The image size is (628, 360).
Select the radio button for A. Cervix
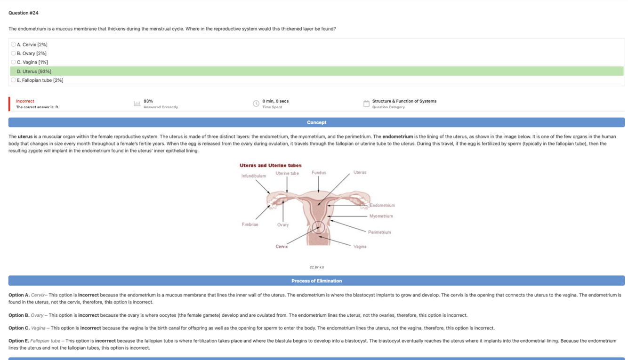pyautogui.click(x=13, y=45)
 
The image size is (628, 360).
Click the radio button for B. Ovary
pyautogui.click(x=13, y=53)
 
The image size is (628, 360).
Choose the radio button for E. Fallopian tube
pyautogui.click(x=13, y=80)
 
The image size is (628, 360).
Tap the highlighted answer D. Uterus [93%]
pyautogui.click(x=34, y=72)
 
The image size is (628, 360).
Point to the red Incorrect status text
pyautogui.click(x=25, y=101)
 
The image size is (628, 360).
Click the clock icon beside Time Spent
pyautogui.click(x=256, y=104)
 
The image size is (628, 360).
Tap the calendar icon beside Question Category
pyautogui.click(x=366, y=104)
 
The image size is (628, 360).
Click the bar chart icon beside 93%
pyautogui.click(x=137, y=104)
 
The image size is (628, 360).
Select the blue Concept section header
pyautogui.click(x=316, y=122)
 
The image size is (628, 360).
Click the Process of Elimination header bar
pyautogui.click(x=316, y=281)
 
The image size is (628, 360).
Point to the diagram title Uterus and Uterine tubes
pyautogui.click(x=271, y=165)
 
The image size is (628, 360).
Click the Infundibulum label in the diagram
pyautogui.click(x=254, y=176)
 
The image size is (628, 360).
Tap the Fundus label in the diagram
pyautogui.click(x=319, y=173)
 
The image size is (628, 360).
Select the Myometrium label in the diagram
pyautogui.click(x=381, y=216)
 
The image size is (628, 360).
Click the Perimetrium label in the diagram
pyautogui.click(x=379, y=232)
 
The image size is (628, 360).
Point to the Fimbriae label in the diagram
pyautogui.click(x=250, y=224)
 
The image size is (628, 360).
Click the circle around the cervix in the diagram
pyautogui.click(x=319, y=228)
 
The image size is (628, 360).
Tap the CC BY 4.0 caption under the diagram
pyautogui.click(x=316, y=267)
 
